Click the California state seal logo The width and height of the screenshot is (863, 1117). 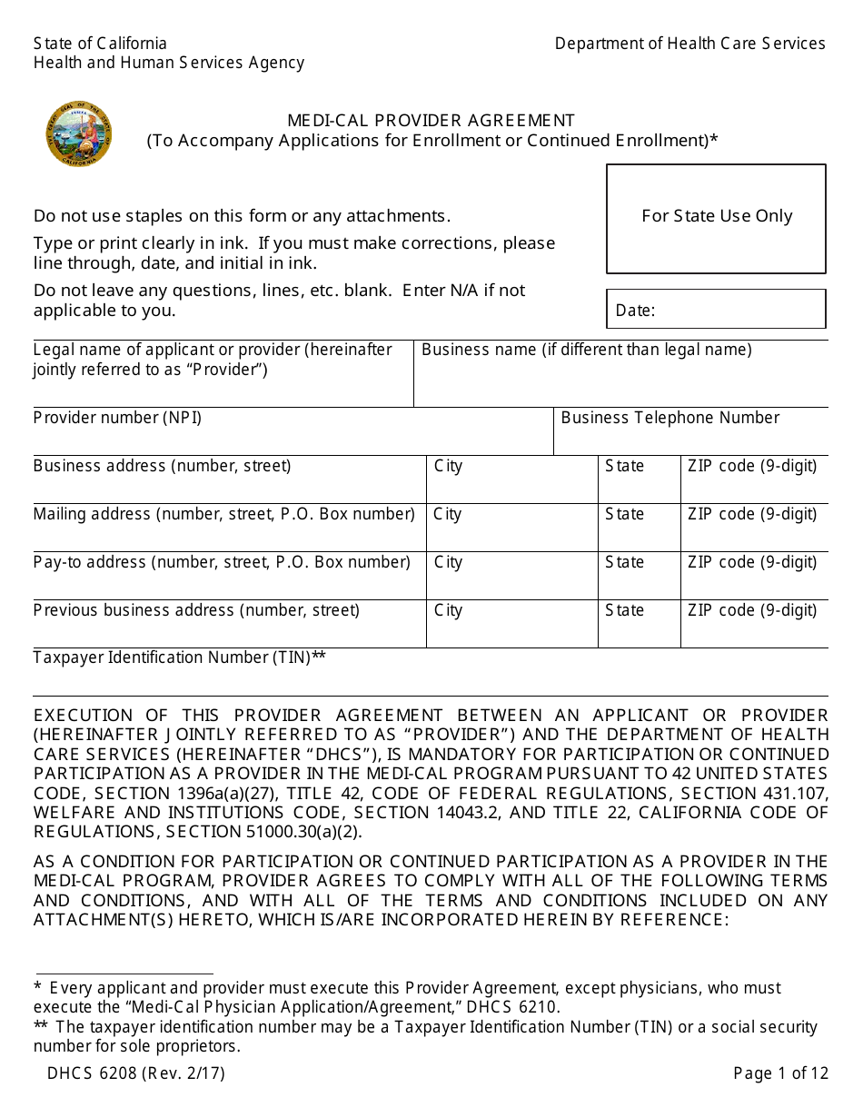tap(79, 134)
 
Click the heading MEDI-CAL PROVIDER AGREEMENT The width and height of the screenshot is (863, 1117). tap(431, 120)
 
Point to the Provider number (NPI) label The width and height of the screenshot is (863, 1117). tap(117, 418)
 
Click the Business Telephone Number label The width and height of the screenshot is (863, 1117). tap(670, 418)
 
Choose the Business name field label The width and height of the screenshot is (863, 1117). tap(586, 350)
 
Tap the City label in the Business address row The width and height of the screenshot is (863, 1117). tap(448, 466)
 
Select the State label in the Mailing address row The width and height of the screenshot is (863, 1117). tap(624, 514)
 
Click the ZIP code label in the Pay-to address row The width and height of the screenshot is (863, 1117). tap(751, 562)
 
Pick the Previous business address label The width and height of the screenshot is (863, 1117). tap(196, 610)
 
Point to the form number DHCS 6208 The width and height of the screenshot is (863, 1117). tap(136, 1073)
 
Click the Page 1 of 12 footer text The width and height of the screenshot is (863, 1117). tap(780, 1073)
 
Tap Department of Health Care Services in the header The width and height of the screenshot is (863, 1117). tap(689, 44)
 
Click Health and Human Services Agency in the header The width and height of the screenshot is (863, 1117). tap(169, 63)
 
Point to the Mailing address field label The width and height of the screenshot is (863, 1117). tap(223, 514)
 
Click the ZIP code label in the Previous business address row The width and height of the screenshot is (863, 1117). tap(751, 610)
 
